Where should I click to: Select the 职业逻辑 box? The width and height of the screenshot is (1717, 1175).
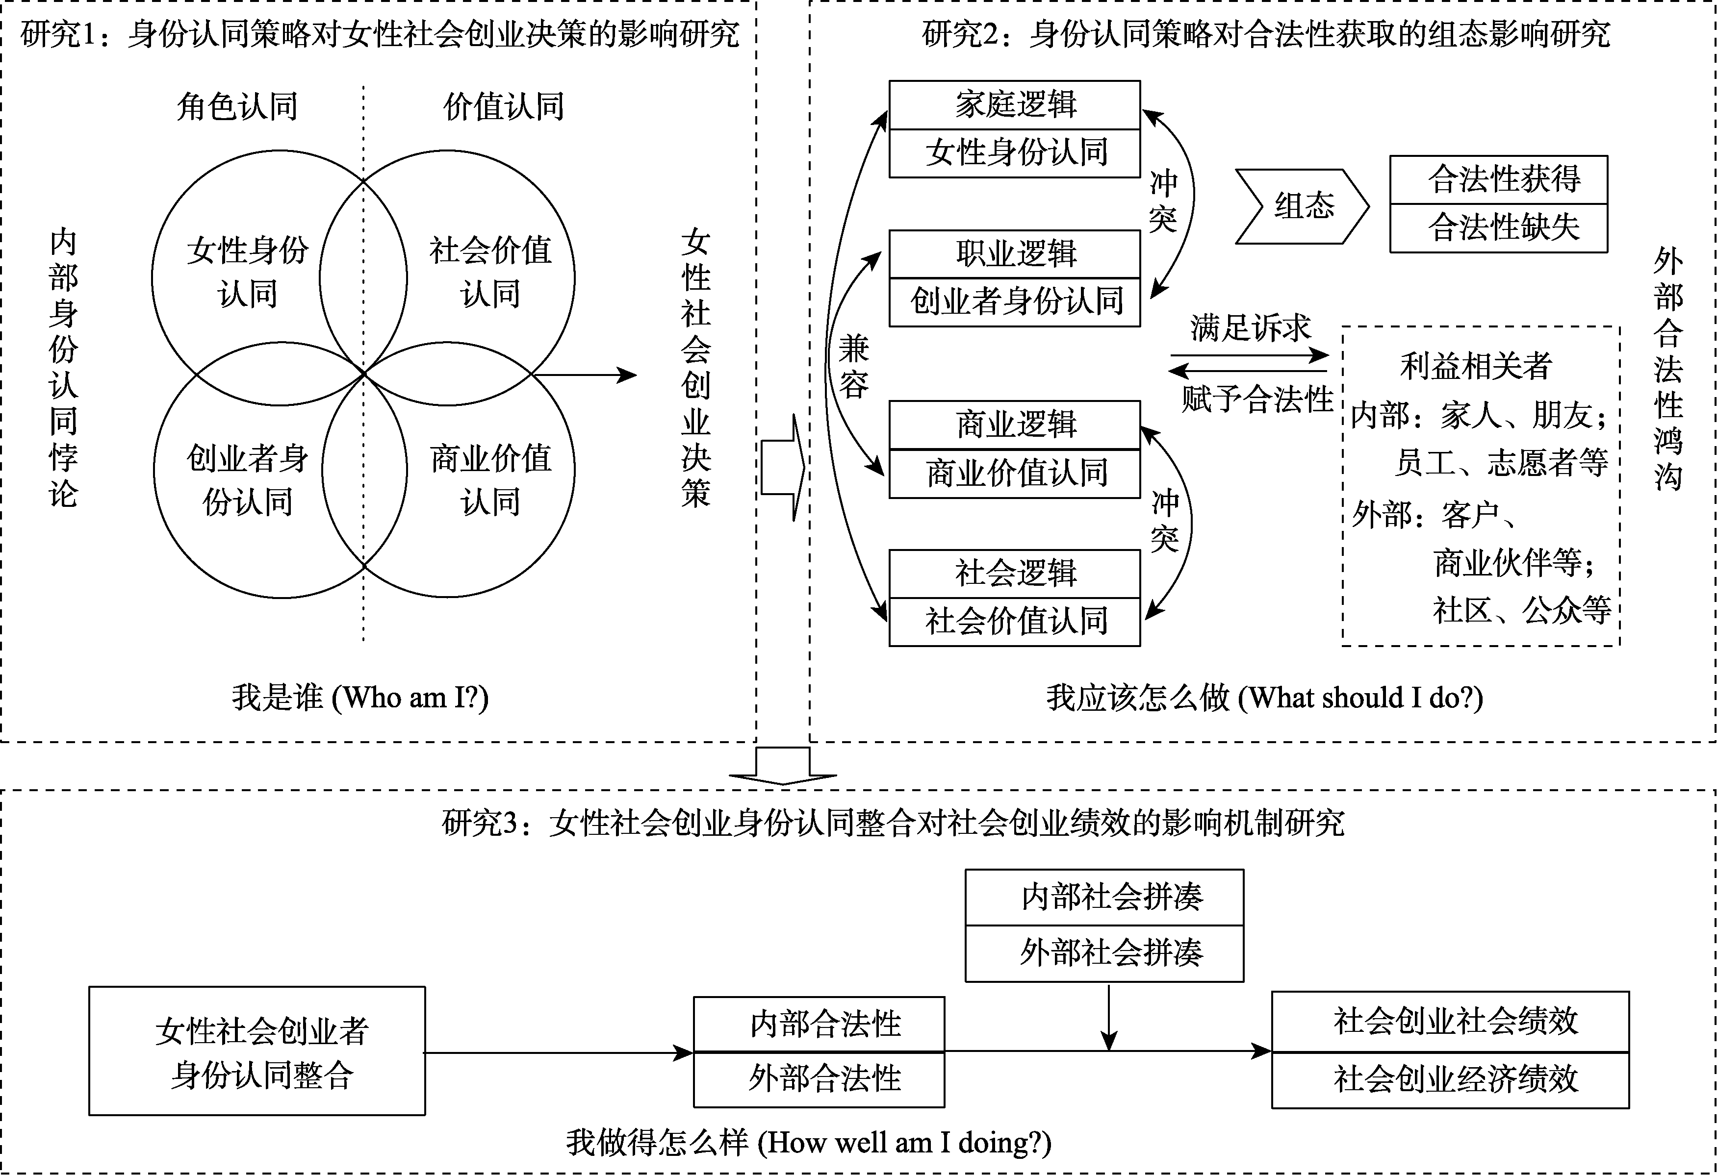click(x=1014, y=254)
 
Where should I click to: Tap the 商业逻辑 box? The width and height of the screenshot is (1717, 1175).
click(x=1014, y=425)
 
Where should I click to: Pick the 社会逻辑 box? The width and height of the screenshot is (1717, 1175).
click(x=1014, y=573)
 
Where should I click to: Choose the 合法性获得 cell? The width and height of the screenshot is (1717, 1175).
click(x=1498, y=179)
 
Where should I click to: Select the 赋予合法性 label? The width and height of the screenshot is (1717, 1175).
click(x=1256, y=400)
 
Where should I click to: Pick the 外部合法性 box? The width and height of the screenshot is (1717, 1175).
click(x=819, y=1079)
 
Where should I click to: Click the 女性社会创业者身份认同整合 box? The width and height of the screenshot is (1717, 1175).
click(x=257, y=1051)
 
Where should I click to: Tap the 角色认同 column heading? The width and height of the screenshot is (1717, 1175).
click(x=237, y=107)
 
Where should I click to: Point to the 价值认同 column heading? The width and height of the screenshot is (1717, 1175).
click(x=504, y=107)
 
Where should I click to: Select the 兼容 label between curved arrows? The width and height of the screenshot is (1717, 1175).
click(x=853, y=366)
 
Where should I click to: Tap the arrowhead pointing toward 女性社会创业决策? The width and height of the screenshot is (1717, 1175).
click(x=628, y=375)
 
